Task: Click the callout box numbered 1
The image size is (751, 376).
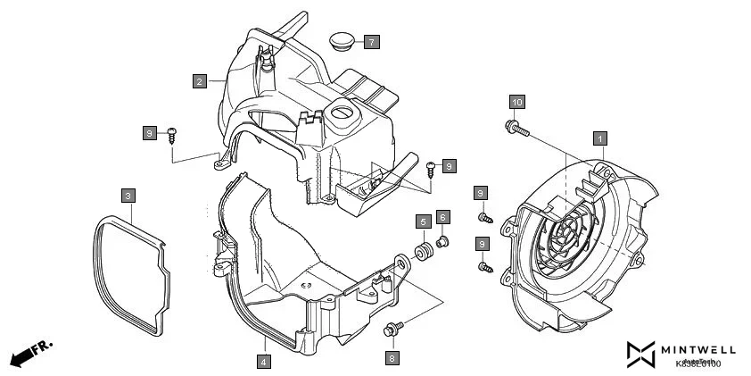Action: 600,138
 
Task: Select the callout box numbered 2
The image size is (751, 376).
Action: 201,81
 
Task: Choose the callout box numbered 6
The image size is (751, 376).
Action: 442,219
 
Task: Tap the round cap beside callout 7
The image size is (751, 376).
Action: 340,40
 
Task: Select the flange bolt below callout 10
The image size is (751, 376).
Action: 516,126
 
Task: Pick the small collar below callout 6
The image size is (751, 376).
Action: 443,240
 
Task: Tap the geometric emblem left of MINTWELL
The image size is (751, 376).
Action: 640,354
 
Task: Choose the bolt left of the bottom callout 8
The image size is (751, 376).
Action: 392,330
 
